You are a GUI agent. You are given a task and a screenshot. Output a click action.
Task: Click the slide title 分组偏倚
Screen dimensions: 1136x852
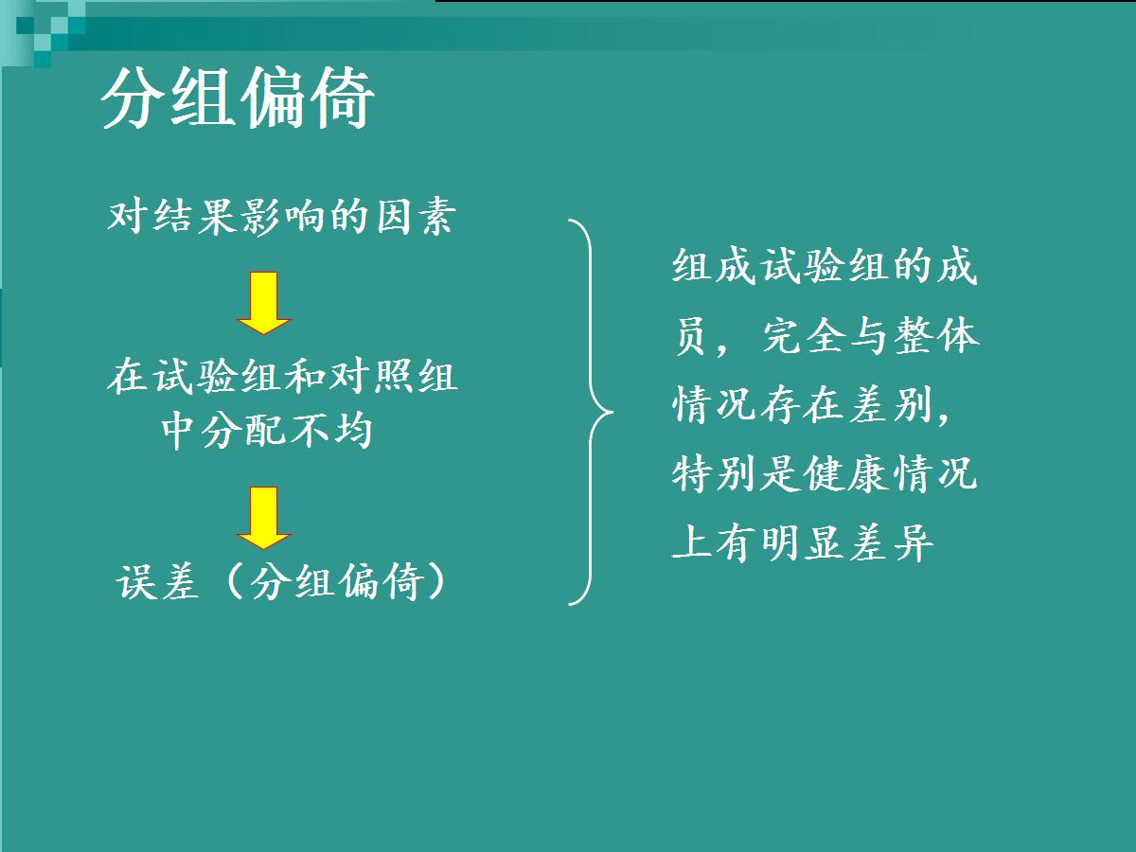click(238, 98)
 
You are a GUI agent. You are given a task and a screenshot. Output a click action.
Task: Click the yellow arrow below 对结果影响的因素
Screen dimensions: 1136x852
click(264, 303)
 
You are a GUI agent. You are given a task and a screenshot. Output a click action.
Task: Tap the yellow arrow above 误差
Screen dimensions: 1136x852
click(264, 518)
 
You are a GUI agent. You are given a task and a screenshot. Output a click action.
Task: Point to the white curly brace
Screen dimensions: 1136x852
click(591, 413)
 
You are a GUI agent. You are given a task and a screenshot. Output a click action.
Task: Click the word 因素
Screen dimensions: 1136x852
click(417, 216)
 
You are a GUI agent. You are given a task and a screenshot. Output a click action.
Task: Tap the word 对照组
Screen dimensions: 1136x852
click(394, 376)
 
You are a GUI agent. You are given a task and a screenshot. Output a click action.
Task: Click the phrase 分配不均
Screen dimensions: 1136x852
click(287, 431)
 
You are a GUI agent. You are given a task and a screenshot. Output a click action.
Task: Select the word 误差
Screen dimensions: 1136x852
click(157, 581)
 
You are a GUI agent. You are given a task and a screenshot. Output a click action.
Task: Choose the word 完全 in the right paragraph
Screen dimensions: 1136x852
click(806, 336)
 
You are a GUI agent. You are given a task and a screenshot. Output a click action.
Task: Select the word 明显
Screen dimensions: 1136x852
click(804, 542)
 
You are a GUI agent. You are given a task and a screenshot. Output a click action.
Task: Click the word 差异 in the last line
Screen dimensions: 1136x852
click(892, 542)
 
